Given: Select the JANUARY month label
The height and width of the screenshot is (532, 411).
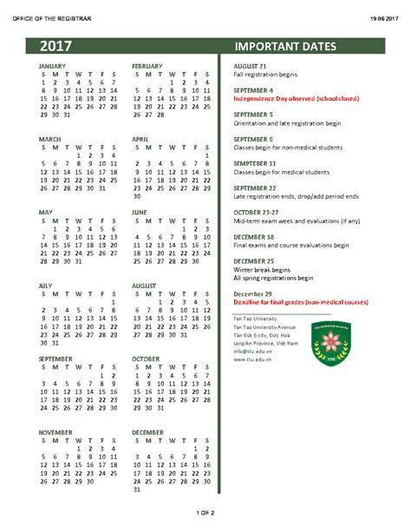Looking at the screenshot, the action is pos(52,66).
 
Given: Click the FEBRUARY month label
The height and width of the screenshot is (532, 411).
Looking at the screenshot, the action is pos(147,66).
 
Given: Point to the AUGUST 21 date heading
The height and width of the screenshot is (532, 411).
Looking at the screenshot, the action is pos(251,66).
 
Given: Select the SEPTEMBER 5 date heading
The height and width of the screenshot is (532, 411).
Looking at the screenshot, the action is pos(254,115).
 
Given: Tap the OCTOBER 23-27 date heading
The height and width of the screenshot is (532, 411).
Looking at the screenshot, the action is pos(258,212).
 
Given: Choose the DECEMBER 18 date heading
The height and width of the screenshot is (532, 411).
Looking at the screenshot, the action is pos(255,237).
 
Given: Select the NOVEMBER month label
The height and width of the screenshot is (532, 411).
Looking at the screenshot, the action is pos(55,431).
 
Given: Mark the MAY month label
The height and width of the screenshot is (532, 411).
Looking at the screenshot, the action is pos(46,212).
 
